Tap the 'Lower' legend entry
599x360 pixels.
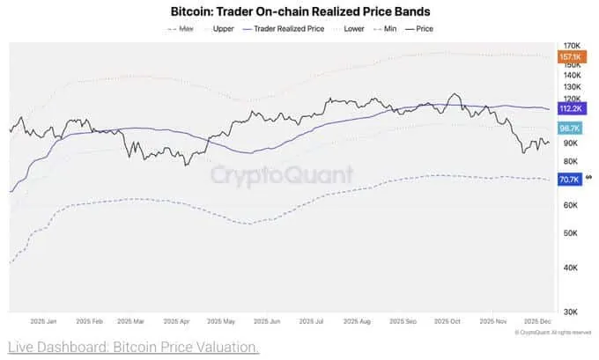tap(354, 28)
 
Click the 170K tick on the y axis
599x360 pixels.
tap(571, 46)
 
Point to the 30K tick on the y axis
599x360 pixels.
tap(570, 312)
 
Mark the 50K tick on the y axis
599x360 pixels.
tap(570, 233)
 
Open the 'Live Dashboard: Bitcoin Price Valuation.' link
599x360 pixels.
tap(133, 348)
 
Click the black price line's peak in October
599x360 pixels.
tap(454, 94)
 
